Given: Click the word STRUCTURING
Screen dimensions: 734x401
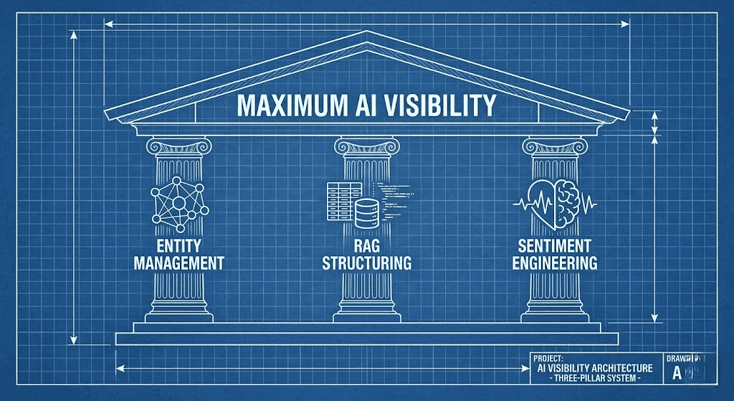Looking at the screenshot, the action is [366, 263].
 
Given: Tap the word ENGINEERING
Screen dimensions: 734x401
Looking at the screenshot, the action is [554, 263].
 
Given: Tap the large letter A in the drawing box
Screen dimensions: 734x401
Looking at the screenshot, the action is [677, 373].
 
